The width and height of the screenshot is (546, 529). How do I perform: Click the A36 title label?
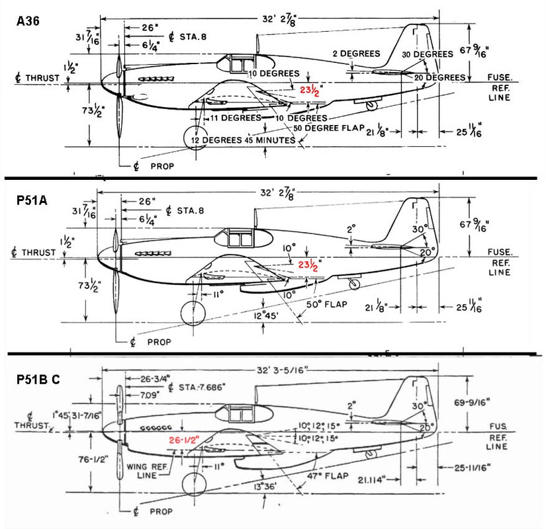[x=28, y=21]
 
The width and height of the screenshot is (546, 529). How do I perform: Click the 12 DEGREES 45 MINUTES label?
[x=240, y=140]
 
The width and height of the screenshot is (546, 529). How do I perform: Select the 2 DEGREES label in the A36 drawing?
[x=356, y=54]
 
